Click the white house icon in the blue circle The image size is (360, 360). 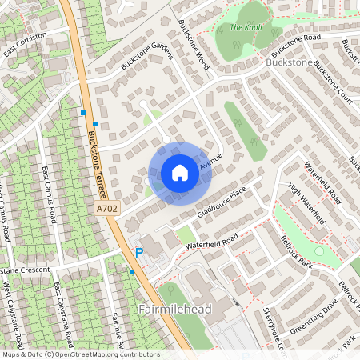(179, 173)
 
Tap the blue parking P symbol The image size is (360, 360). (138, 253)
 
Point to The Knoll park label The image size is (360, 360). (246, 26)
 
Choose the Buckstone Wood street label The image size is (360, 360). (194, 45)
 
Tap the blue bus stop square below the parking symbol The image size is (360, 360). (131, 273)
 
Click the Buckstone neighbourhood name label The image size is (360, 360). (288, 62)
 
